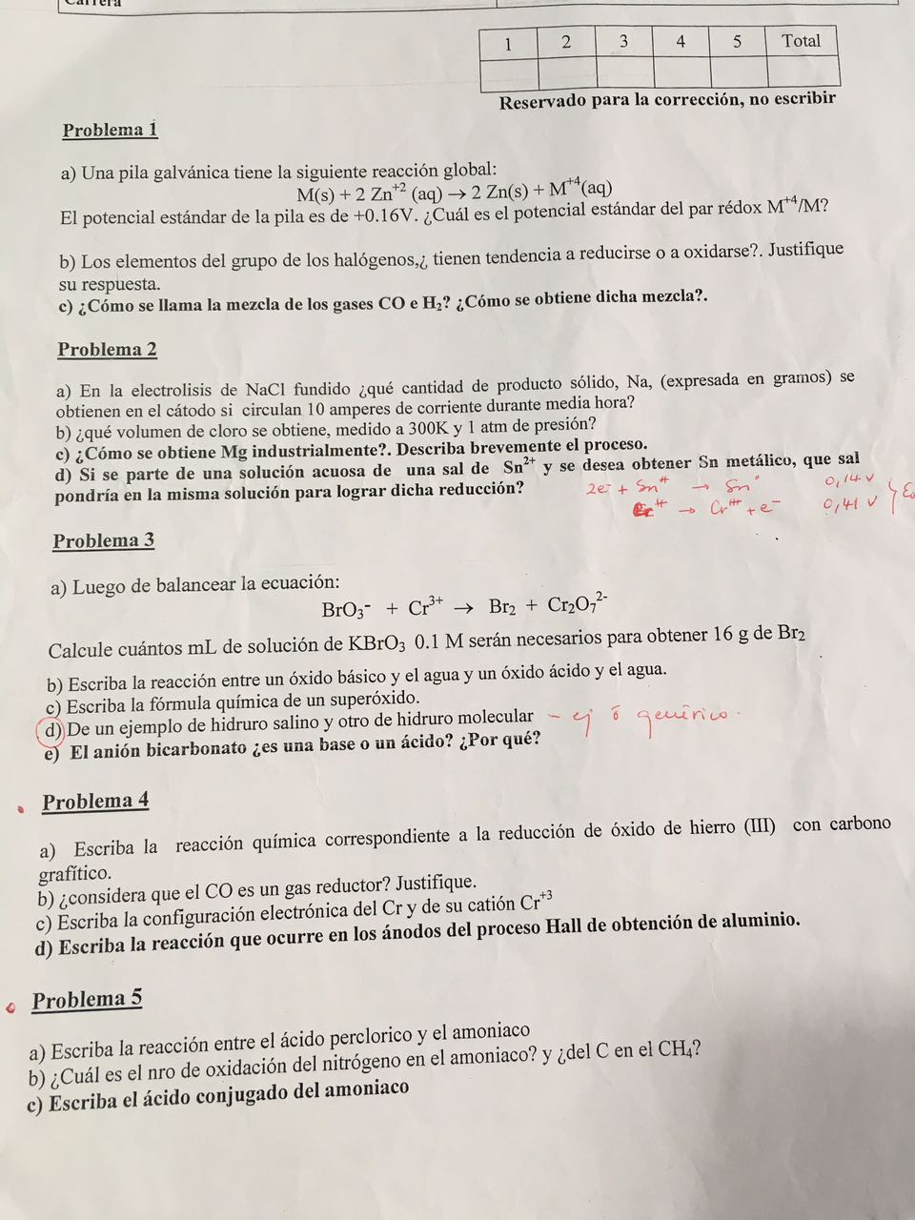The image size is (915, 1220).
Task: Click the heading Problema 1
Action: (x=110, y=131)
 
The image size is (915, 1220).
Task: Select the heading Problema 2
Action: (x=107, y=350)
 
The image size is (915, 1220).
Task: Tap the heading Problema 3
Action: (x=103, y=541)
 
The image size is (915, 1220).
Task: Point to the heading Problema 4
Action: (x=95, y=802)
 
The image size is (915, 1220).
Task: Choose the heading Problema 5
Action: (x=87, y=1000)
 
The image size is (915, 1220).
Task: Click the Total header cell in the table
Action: (x=801, y=41)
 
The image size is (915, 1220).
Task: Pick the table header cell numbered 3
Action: (x=623, y=41)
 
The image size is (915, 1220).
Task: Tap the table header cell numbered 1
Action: (x=509, y=43)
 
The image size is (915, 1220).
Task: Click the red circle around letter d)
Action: (x=50, y=730)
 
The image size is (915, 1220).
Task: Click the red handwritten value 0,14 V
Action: (x=850, y=478)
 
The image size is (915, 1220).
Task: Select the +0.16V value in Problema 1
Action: (x=385, y=215)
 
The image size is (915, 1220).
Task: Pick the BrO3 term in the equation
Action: (x=346, y=609)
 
